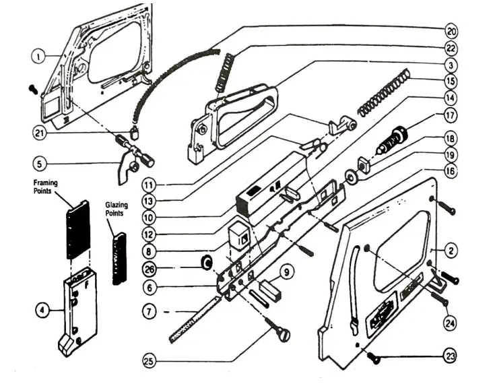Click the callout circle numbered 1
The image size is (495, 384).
(38, 57)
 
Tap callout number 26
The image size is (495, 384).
(151, 269)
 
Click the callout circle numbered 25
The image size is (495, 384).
(152, 361)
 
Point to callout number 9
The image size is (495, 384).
(288, 272)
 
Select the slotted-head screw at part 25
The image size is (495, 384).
(277, 332)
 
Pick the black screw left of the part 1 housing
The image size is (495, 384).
(32, 88)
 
